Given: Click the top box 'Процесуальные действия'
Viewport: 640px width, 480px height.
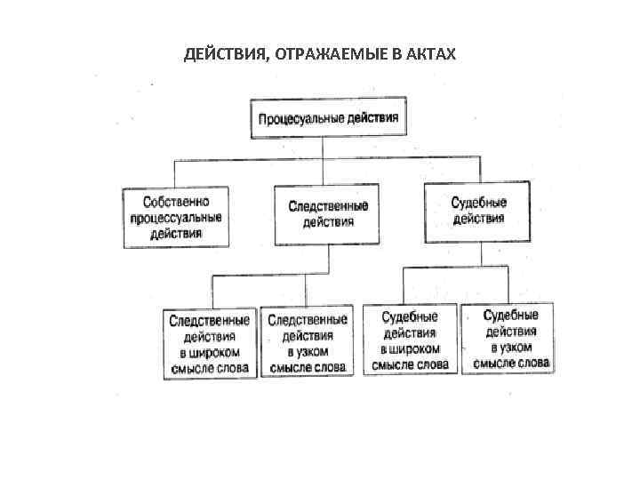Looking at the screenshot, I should tap(328, 118).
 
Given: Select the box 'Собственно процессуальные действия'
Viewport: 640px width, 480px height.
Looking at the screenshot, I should tap(175, 216).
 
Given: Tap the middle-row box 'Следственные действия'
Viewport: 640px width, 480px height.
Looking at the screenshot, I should tap(327, 213).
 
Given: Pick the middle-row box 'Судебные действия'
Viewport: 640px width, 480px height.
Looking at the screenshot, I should tap(477, 212).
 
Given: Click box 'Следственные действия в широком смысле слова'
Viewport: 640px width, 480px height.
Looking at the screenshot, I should tap(210, 343).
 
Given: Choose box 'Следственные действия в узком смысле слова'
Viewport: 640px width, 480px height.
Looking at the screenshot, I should tap(308, 343).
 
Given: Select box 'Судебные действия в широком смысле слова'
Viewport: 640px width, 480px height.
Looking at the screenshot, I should tap(410, 341).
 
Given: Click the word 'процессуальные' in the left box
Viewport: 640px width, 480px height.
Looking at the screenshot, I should tap(175, 216).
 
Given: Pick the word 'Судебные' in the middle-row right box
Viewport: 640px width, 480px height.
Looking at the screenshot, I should tap(478, 203).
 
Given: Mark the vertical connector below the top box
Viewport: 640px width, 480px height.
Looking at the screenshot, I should tap(328, 148).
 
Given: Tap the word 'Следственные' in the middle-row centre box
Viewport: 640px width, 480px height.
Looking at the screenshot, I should tap(327, 205).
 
